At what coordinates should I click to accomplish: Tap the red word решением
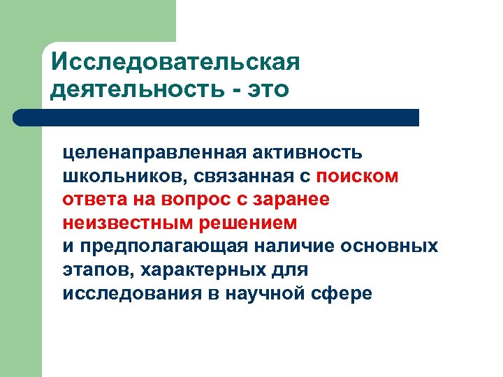pos(245,223)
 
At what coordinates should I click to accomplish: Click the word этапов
pos(91,270)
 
